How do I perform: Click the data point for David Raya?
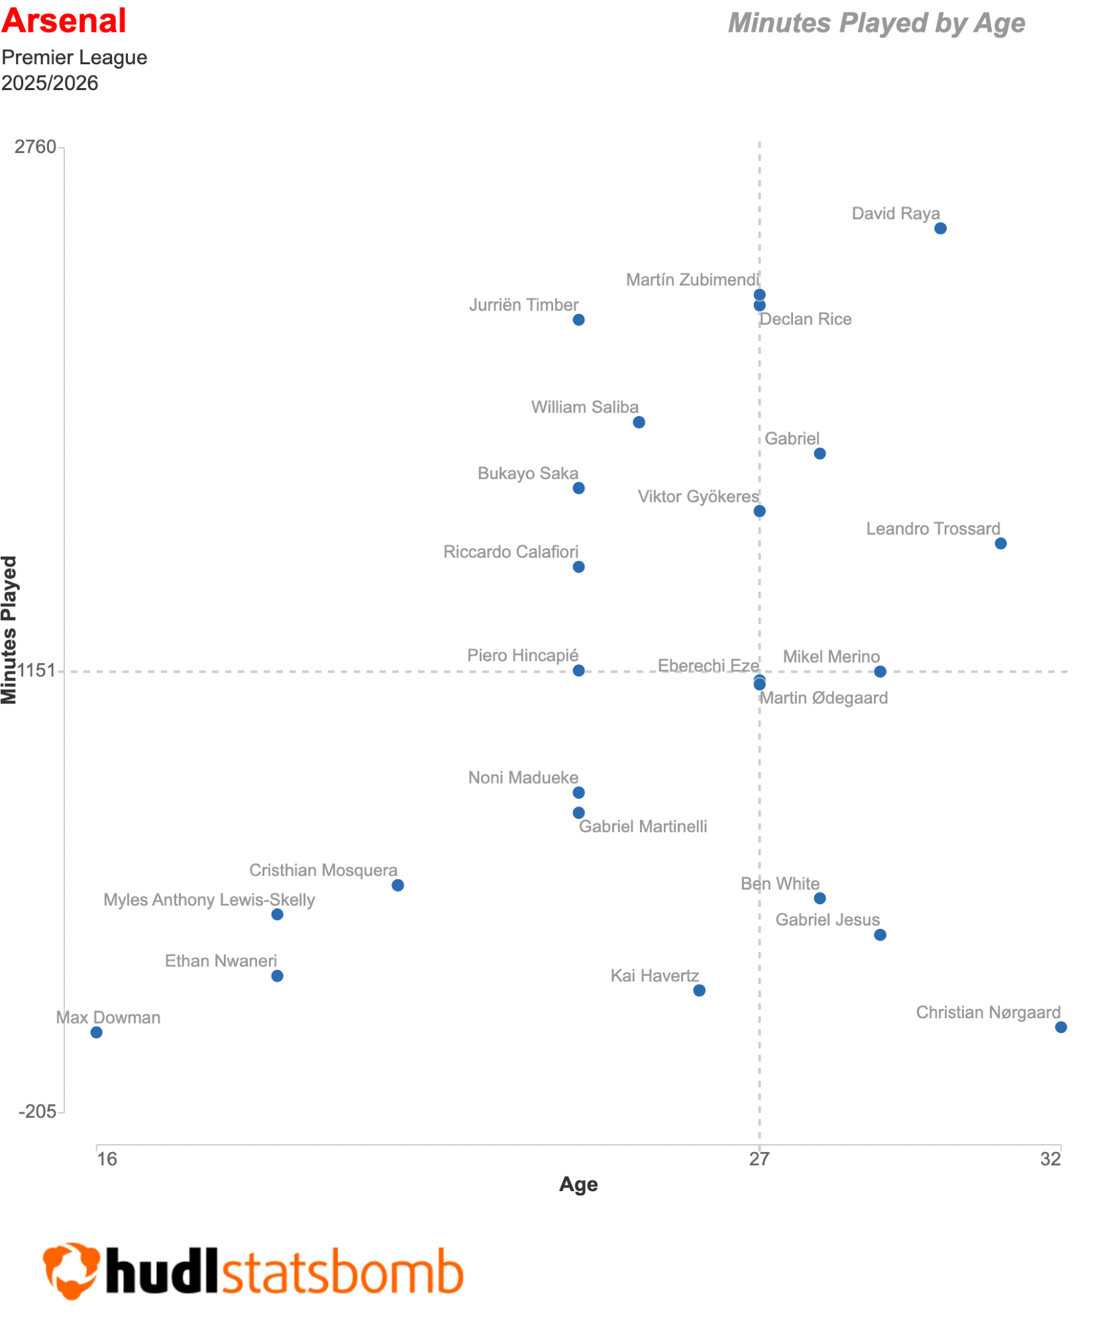pyautogui.click(x=940, y=229)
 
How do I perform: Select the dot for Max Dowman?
pyautogui.click(x=97, y=1032)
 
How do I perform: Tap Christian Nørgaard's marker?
pyautogui.click(x=1061, y=1027)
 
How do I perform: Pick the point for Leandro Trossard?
pyautogui.click(x=1000, y=543)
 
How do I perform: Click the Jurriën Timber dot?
pyautogui.click(x=578, y=320)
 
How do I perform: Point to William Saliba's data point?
pyautogui.click(x=639, y=422)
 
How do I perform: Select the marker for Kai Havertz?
pyautogui.click(x=699, y=990)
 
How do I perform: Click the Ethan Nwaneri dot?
pyautogui.click(x=278, y=976)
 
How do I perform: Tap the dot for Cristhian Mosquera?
pyautogui.click(x=398, y=885)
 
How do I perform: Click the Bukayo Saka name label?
pyautogui.click(x=528, y=474)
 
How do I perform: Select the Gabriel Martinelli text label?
pyautogui.click(x=643, y=827)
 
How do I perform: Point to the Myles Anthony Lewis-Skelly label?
pyautogui.click(x=209, y=900)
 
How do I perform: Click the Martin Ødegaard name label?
pyautogui.click(x=824, y=698)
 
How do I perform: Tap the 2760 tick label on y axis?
pyautogui.click(x=36, y=147)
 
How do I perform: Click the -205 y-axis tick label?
pyautogui.click(x=38, y=1112)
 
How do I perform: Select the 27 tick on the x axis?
pyautogui.click(x=759, y=1159)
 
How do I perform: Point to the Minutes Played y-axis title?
pyautogui.click(x=9, y=629)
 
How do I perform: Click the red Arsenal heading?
pyautogui.click(x=64, y=21)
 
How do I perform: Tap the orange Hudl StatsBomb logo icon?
pyautogui.click(x=72, y=1269)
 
